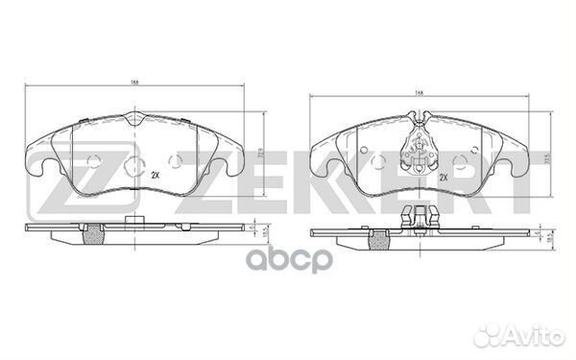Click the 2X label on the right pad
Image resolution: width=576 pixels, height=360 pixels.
444,179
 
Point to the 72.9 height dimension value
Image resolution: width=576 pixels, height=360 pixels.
263,150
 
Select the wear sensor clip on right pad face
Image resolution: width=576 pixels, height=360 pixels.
419,143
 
